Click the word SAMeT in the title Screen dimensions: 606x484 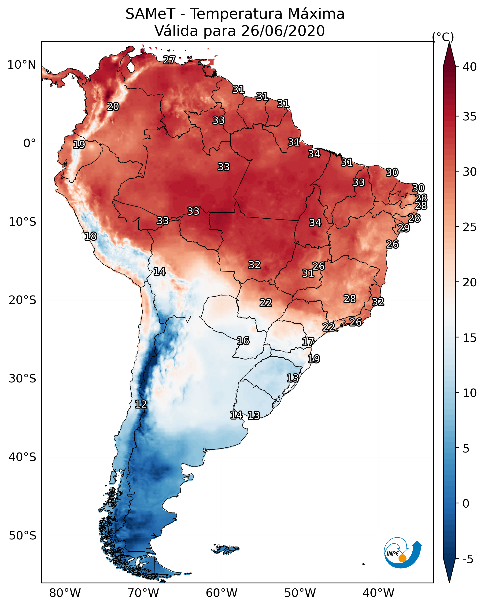click(150, 14)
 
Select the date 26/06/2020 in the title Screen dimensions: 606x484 click(283, 31)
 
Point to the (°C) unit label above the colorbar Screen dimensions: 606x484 click(443, 37)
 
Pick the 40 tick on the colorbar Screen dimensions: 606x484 click(470, 67)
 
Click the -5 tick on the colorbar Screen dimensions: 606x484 click(468, 559)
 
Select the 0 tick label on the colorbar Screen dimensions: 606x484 click(466, 504)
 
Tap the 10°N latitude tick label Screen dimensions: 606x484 click(22, 65)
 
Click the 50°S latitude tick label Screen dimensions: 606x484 click(22, 536)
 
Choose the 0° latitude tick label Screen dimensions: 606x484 click(30, 143)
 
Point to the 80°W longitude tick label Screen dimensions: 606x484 click(65, 593)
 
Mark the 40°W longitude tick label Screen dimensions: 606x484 click(378, 593)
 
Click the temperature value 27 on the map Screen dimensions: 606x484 click(169, 60)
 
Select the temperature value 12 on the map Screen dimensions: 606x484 click(141, 404)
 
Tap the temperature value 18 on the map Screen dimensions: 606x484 click(90, 236)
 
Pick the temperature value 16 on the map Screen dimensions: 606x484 click(243, 341)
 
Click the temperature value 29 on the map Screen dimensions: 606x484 click(404, 228)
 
